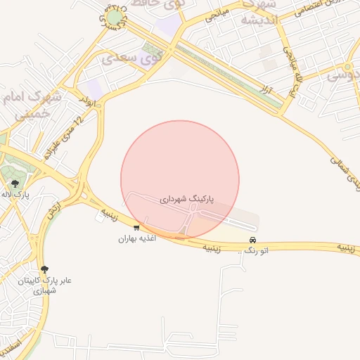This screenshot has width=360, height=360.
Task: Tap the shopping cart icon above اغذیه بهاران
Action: pos(136,227)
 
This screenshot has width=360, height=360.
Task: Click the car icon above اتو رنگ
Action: pos(252,240)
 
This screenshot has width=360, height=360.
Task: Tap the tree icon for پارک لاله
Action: pos(15,184)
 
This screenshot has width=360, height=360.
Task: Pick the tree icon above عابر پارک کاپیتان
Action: pos(45,269)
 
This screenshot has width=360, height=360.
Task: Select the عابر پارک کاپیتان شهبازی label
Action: pos(45,285)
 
